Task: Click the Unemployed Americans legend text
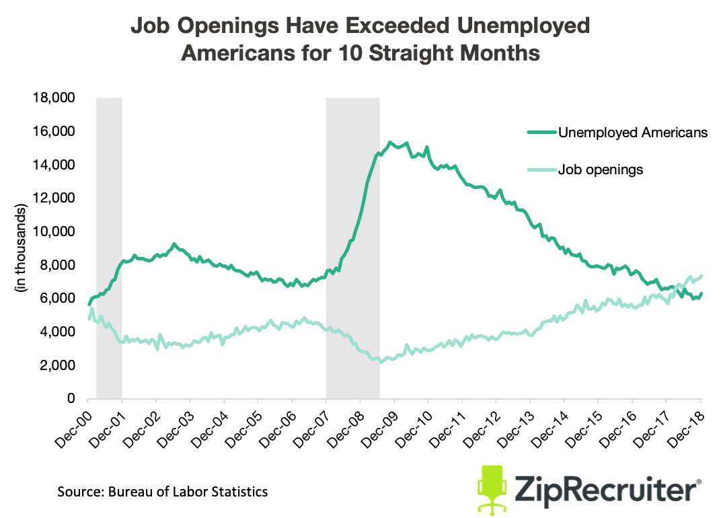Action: tap(633, 133)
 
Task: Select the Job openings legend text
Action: tap(601, 170)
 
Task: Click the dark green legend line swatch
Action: tap(541, 133)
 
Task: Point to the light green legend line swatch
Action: tap(541, 170)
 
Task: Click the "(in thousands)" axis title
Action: tap(22, 248)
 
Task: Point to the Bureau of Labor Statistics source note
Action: tap(162, 492)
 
